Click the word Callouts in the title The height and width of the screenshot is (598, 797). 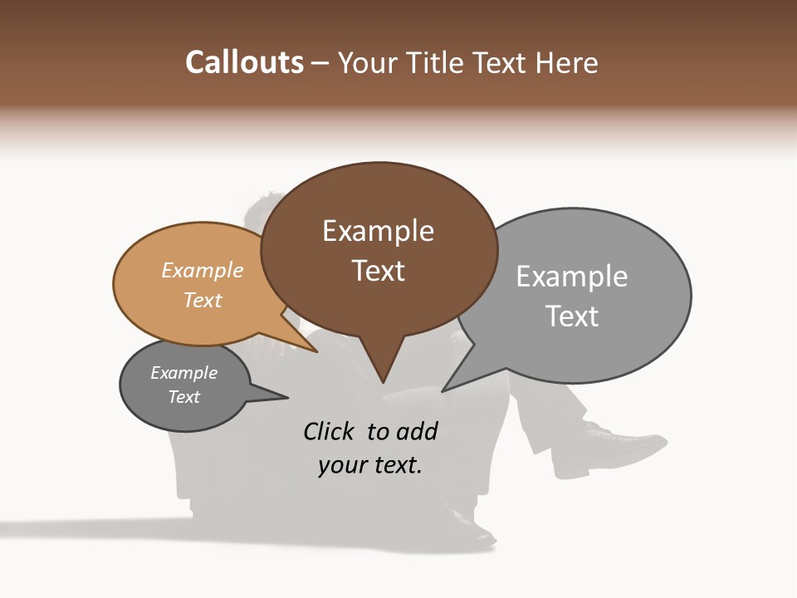pyautogui.click(x=244, y=63)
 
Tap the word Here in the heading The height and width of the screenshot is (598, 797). pyautogui.click(x=567, y=63)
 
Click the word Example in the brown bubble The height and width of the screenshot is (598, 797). pyautogui.click(x=378, y=231)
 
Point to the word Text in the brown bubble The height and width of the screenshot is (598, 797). pyautogui.click(x=379, y=271)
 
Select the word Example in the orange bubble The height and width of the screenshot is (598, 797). pyautogui.click(x=203, y=270)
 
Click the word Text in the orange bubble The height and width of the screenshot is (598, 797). pyautogui.click(x=203, y=300)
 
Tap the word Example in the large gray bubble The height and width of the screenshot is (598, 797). pyautogui.click(x=572, y=277)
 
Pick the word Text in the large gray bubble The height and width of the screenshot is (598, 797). pyautogui.click(x=572, y=316)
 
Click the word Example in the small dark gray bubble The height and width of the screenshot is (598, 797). pyautogui.click(x=184, y=373)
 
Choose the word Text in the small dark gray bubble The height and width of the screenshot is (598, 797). pyautogui.click(x=184, y=397)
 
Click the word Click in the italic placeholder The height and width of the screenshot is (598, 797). pyautogui.click(x=330, y=431)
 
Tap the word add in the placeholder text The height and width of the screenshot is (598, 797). pyautogui.click(x=417, y=431)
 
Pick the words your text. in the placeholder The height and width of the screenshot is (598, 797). pyautogui.click(x=370, y=465)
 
